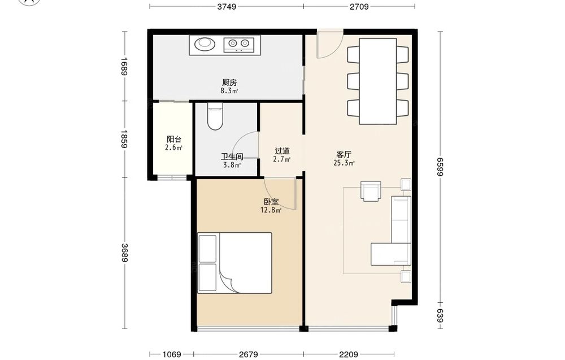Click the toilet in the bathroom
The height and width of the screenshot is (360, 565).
tap(215, 116)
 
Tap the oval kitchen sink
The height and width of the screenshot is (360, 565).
tap(205, 44)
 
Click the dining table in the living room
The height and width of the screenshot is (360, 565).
tap(377, 81)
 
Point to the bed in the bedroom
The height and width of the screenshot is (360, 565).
tap(234, 263)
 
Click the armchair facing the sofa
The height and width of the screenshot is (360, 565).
tap(371, 191)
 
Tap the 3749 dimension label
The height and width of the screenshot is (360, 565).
tap(227, 6)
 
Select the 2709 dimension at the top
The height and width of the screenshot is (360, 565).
tap(359, 6)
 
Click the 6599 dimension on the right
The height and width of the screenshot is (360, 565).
tap(440, 167)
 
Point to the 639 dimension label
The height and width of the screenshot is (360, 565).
tap(440, 316)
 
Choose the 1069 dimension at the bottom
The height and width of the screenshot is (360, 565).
tap(172, 354)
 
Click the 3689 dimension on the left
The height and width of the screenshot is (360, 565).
tap(124, 253)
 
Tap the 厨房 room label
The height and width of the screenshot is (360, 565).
tap(229, 83)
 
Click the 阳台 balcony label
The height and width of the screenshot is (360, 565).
tap(173, 140)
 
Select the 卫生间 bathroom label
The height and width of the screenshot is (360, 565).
tap(232, 157)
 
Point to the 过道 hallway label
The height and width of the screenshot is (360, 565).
tap(282, 151)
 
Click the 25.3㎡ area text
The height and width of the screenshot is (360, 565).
tap(344, 163)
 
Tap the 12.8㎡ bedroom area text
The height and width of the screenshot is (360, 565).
tap(271, 210)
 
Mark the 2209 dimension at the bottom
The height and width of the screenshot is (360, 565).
tap(349, 354)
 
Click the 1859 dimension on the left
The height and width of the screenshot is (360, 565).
tap(124, 139)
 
